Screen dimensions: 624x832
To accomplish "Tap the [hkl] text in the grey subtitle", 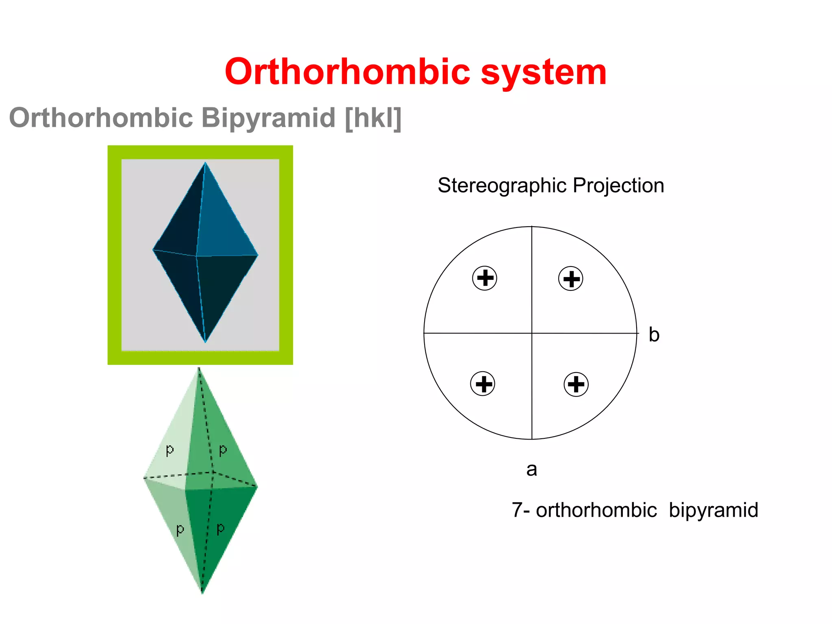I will click(x=373, y=118).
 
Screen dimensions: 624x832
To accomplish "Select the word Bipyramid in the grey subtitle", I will click(x=268, y=118).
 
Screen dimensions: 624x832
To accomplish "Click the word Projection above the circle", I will click(x=618, y=186).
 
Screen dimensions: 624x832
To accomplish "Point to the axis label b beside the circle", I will click(x=654, y=335).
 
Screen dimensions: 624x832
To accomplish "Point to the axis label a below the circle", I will click(x=531, y=470).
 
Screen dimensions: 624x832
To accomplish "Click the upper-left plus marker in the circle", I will click(x=485, y=278).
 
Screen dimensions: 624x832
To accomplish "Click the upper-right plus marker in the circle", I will click(x=571, y=279).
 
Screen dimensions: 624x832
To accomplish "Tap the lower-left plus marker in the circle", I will click(x=483, y=383).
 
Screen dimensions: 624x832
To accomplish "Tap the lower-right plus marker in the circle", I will click(x=576, y=384).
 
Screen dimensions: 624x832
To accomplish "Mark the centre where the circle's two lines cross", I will click(x=532, y=333).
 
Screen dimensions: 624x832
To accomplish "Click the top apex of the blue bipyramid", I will click(x=205, y=163).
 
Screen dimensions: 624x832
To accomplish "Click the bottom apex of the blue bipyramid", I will click(x=205, y=342).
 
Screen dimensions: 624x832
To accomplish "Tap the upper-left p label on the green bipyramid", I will click(x=170, y=450).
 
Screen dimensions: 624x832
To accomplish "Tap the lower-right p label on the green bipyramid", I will click(x=221, y=529).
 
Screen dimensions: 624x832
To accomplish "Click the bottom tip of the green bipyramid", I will click(x=202, y=592).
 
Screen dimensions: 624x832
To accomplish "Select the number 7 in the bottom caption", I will click(x=517, y=510).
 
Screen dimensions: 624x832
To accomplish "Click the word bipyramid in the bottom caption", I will click(x=713, y=511).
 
